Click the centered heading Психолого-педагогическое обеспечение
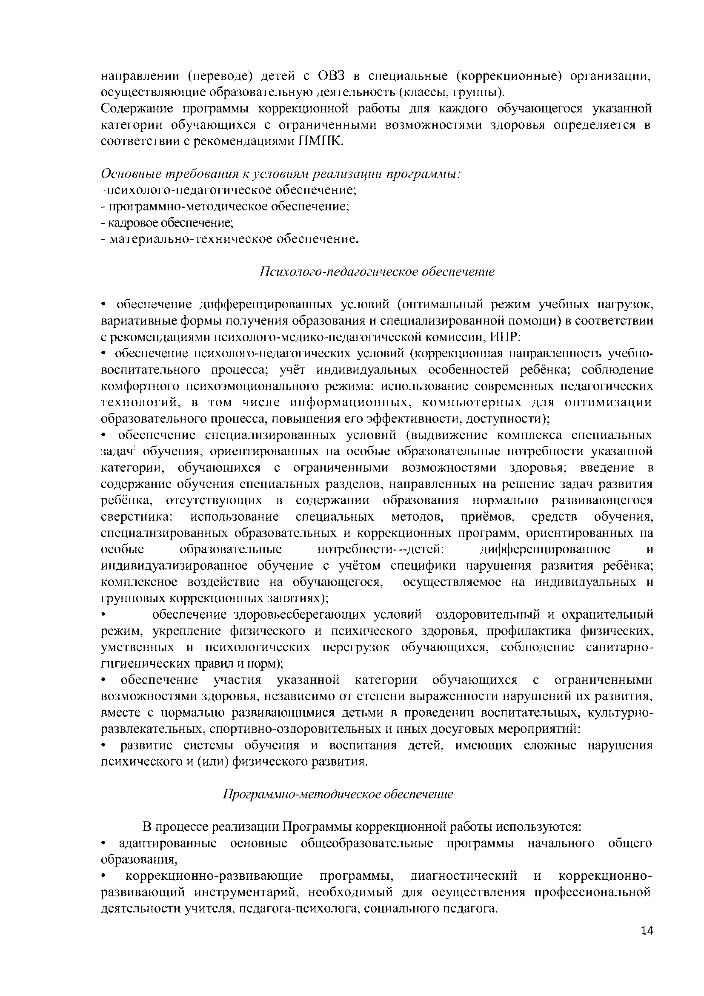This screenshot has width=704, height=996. pyautogui.click(x=377, y=272)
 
